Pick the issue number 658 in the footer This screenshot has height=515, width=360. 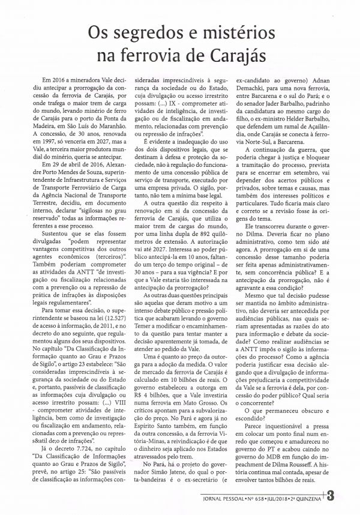(273, 499)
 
